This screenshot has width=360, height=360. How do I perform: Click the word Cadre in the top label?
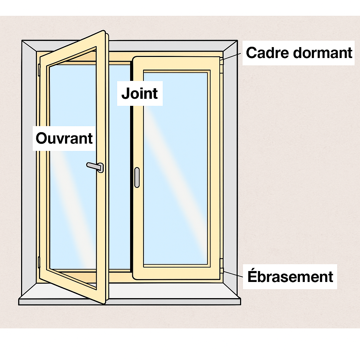tap(268, 53)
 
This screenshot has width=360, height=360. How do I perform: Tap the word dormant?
tap(323, 53)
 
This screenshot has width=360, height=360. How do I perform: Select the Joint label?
tap(140, 94)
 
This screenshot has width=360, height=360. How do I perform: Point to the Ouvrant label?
tap(64, 139)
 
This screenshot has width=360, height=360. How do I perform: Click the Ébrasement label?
tap(290, 276)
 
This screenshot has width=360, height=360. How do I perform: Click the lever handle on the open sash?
tap(95, 167)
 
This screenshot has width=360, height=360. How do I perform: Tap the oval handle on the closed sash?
tap(137, 178)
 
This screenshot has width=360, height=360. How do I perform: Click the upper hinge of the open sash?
tap(39, 70)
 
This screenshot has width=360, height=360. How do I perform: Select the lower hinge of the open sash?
tap(39, 262)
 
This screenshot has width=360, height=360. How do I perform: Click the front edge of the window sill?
tap(130, 302)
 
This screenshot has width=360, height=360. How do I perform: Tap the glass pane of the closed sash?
tap(175, 168)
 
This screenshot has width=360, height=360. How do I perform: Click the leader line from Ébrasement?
tap(233, 274)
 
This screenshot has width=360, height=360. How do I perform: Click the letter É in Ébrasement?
tap(252, 276)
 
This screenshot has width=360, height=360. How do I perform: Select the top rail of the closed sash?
tap(176, 63)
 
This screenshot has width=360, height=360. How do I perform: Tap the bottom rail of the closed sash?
tap(176, 273)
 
